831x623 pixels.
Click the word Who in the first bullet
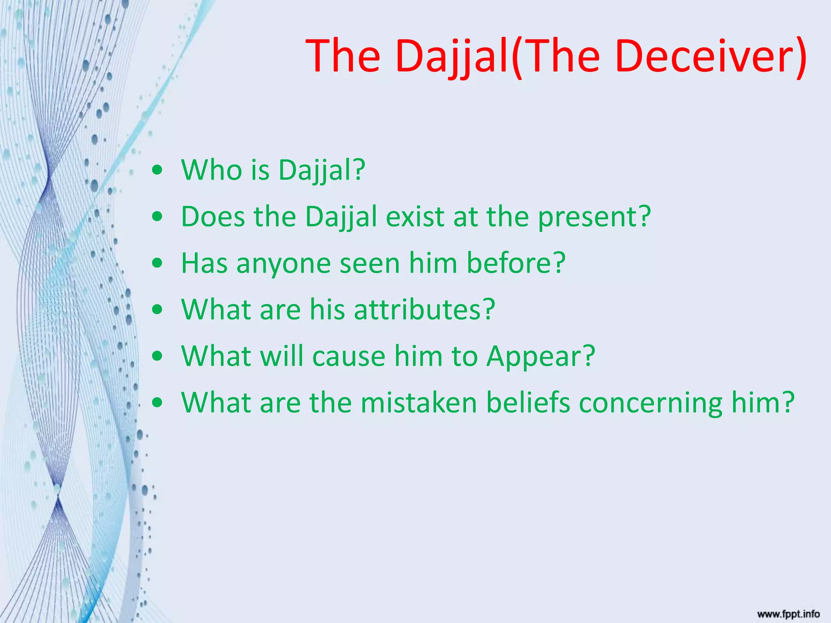click(211, 170)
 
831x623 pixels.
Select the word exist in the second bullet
click(415, 217)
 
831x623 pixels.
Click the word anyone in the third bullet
click(284, 264)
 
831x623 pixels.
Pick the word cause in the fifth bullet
click(349, 357)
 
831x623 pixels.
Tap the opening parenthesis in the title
click(517, 57)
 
